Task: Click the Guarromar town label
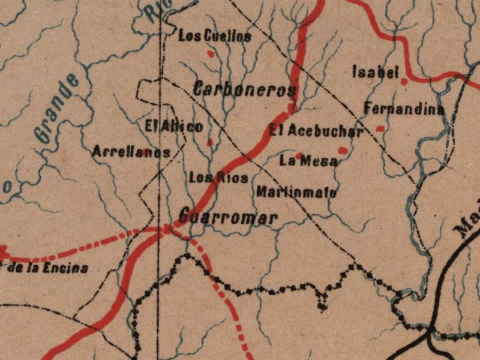click(228, 217)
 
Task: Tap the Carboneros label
click(245, 90)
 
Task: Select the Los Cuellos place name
click(215, 37)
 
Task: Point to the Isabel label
click(375, 73)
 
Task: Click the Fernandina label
click(404, 110)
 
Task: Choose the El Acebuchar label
click(316, 131)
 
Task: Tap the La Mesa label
click(308, 161)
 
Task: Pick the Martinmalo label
click(296, 193)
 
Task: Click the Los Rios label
click(210, 178)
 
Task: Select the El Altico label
click(174, 127)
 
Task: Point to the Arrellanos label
click(131, 152)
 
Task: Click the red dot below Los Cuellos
click(210, 53)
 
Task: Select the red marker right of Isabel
click(404, 80)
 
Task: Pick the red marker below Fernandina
click(380, 128)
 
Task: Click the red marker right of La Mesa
click(343, 151)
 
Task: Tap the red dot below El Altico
click(210, 143)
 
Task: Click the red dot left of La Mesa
click(298, 155)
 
